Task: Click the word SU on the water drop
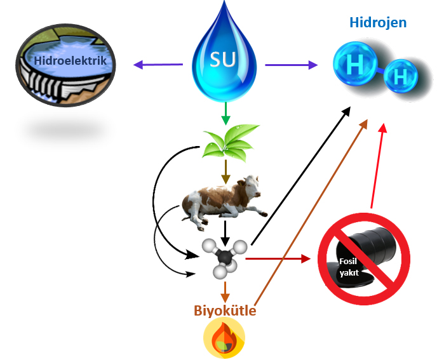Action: coord(223,62)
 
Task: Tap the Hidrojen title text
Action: coord(378,23)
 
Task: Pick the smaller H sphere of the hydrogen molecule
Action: coord(400,78)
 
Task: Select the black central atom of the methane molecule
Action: coord(223,258)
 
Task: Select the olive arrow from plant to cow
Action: coord(224,170)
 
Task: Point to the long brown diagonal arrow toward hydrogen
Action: coord(311,210)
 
